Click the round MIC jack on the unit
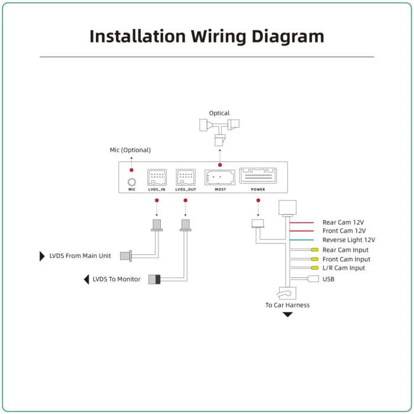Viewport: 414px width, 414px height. [x=132, y=182]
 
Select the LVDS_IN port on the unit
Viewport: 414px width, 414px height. [x=157, y=177]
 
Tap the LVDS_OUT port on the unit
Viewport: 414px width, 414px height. [x=186, y=177]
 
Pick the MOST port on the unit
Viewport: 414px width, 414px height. [x=219, y=177]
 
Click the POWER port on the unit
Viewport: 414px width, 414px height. [x=258, y=176]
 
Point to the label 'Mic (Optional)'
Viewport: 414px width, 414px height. [x=130, y=150]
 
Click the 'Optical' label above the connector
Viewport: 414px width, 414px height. [x=219, y=113]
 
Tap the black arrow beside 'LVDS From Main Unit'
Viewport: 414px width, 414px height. [x=42, y=256]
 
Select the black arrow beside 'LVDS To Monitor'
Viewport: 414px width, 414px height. [x=86, y=279]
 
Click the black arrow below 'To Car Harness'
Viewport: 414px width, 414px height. [x=287, y=314]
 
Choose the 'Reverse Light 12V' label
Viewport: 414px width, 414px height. [x=348, y=240]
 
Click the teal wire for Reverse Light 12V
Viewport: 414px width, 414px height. [x=302, y=240]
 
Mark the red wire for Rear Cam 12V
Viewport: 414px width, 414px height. [x=302, y=222]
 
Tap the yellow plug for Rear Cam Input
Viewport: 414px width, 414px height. [x=315, y=250]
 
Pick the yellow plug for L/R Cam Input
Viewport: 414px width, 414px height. [x=315, y=268]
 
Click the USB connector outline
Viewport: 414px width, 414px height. [x=313, y=279]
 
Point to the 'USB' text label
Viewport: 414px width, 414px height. [x=328, y=279]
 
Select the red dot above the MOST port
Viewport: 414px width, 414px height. [x=220, y=165]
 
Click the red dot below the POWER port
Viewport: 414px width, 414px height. [x=258, y=200]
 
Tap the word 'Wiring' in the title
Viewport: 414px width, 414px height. [x=219, y=37]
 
